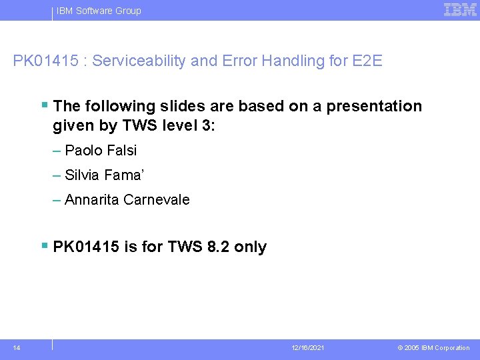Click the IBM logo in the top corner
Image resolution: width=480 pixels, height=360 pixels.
[x=460, y=9]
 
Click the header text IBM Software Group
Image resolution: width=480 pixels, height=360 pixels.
[x=99, y=11]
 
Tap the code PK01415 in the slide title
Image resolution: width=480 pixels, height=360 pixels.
[x=45, y=61]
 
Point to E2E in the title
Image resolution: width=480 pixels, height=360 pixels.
[x=366, y=61]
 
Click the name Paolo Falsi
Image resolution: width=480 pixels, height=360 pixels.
[x=101, y=151]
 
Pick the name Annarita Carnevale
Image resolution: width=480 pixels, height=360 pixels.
[x=127, y=200]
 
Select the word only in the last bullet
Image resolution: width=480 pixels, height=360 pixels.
[x=251, y=247]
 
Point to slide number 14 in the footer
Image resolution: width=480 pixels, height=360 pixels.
[x=16, y=347]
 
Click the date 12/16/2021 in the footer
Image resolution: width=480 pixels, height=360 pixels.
[x=308, y=348]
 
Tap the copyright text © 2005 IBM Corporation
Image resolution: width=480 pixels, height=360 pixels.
[x=433, y=348]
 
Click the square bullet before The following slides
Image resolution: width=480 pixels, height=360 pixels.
[x=45, y=105]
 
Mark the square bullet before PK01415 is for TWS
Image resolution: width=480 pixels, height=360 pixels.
[x=45, y=246]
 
